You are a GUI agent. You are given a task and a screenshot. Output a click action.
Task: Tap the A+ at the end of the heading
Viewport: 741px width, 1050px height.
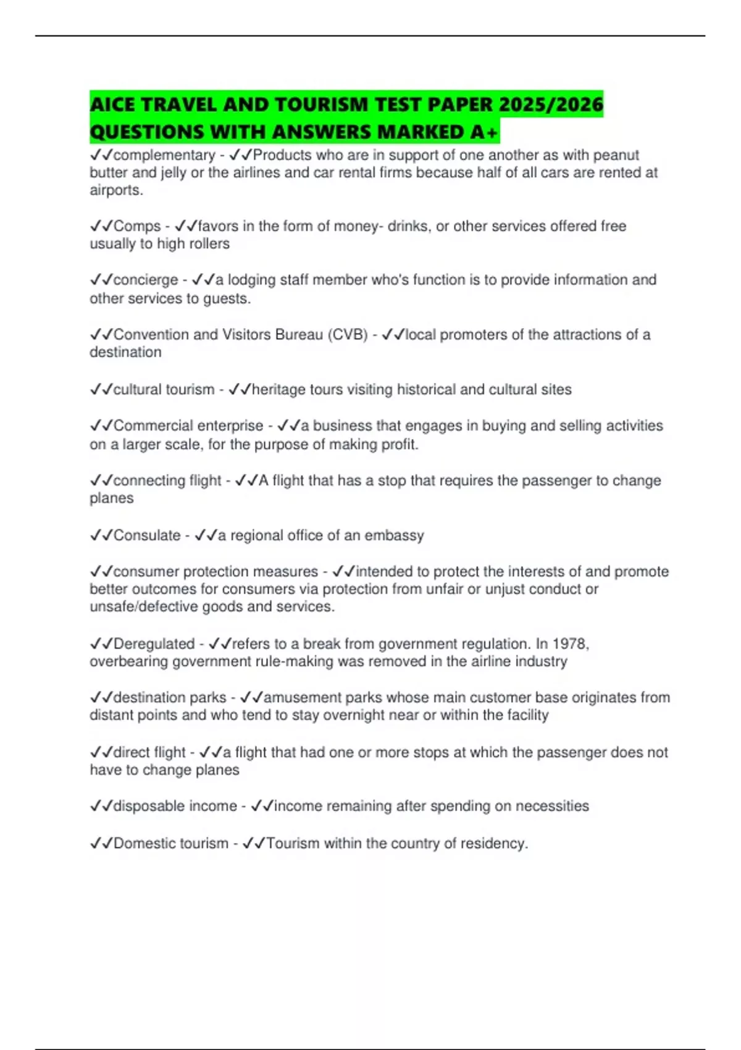(x=485, y=132)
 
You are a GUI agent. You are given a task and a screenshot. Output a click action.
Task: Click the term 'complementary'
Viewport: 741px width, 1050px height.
(x=164, y=155)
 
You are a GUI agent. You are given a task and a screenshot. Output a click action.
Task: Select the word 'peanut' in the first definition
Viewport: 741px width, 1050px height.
(x=616, y=155)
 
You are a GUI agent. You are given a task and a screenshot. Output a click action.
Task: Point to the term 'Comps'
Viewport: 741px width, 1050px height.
(x=137, y=226)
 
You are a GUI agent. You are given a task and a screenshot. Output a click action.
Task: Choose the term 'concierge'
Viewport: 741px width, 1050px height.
(x=146, y=280)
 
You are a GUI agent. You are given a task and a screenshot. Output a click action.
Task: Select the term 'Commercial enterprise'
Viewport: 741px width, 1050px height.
(x=188, y=426)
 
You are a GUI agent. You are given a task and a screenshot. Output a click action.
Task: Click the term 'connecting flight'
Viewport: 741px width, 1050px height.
(x=167, y=481)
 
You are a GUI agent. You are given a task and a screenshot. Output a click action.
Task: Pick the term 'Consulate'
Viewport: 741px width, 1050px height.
(x=147, y=535)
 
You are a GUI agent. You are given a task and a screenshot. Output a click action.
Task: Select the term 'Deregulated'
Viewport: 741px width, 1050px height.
(x=154, y=644)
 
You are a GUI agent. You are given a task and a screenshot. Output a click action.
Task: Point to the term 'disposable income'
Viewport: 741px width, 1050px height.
(x=175, y=806)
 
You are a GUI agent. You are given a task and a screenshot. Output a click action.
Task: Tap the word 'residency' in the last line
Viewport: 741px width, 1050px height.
(x=494, y=844)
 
